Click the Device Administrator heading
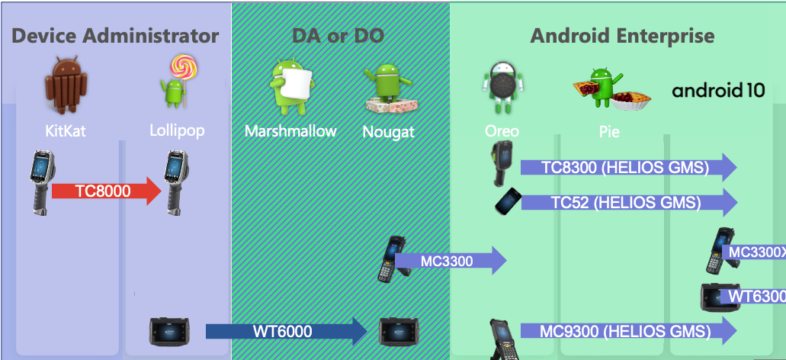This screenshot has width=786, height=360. (116, 35)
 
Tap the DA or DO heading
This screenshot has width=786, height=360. (338, 35)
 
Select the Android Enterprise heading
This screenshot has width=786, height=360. (622, 35)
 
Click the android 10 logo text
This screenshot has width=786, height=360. (718, 91)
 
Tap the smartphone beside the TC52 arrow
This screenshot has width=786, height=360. (508, 201)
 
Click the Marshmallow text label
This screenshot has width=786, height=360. (290, 131)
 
